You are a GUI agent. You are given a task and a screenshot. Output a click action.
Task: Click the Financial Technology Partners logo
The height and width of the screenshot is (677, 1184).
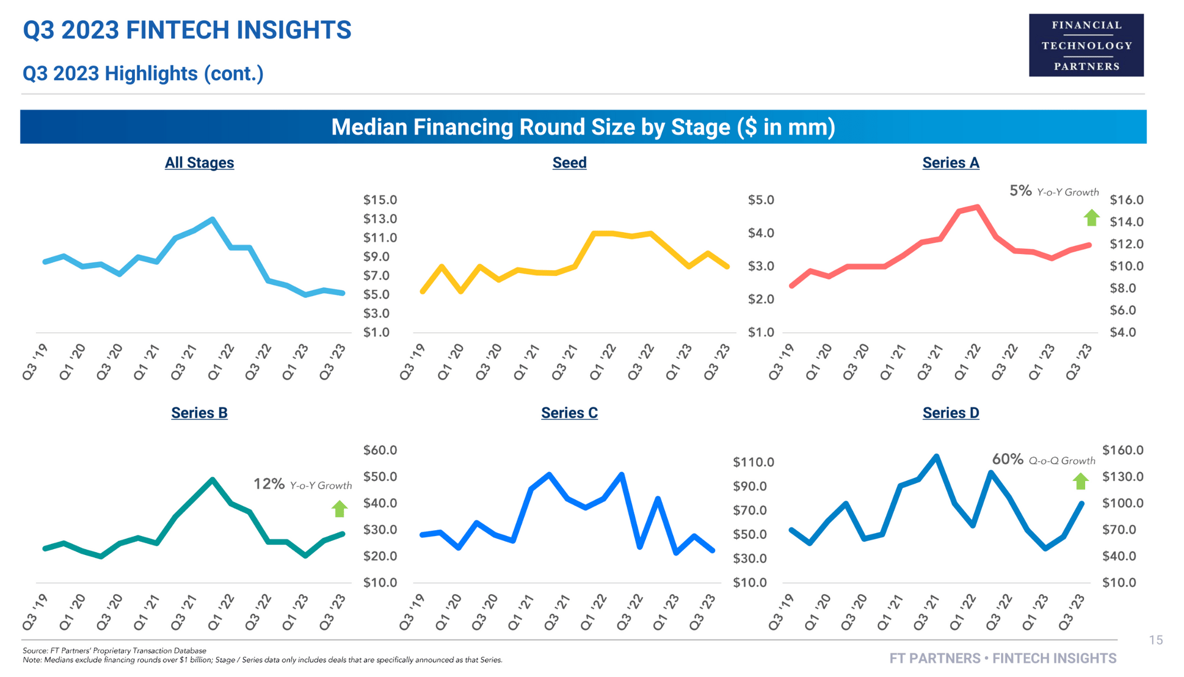[x=1086, y=46]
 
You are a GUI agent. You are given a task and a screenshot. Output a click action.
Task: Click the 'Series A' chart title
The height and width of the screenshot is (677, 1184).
[x=950, y=163]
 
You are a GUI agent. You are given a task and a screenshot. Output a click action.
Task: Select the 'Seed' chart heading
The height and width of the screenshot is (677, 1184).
[x=569, y=163]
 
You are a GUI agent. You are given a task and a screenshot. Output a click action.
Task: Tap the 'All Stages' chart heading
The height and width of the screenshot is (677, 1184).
[x=199, y=163]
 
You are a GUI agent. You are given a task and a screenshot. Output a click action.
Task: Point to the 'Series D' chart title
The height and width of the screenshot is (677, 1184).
[x=950, y=413]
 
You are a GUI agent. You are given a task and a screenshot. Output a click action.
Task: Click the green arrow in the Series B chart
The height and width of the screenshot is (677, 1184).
[x=339, y=508]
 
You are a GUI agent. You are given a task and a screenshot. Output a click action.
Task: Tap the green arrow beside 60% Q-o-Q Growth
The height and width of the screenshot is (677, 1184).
[x=1081, y=481]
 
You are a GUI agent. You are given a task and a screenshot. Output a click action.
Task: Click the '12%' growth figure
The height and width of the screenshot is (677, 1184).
[x=269, y=484]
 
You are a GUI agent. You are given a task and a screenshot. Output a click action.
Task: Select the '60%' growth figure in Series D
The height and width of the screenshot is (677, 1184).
[x=1007, y=459]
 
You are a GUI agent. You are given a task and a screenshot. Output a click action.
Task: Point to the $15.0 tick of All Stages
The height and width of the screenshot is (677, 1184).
[x=380, y=200]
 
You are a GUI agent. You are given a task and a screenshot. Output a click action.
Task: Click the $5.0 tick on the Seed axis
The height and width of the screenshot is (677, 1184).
[x=761, y=200]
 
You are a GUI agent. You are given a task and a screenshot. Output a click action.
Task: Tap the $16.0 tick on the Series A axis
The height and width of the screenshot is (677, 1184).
[x=1126, y=200]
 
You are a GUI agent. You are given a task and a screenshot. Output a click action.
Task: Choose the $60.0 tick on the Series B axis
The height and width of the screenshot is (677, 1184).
[x=380, y=450]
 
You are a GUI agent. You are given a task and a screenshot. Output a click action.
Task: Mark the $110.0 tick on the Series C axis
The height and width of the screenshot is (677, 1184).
[x=753, y=462]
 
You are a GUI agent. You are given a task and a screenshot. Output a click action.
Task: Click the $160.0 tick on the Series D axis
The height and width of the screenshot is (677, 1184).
[x=1122, y=450]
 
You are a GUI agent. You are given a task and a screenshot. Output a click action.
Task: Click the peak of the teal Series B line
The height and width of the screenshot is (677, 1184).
[x=212, y=479]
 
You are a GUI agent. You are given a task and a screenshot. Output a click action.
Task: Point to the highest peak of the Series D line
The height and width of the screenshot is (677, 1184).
[x=936, y=456]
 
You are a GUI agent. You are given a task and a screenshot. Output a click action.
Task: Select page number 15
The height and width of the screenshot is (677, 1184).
[x=1156, y=640]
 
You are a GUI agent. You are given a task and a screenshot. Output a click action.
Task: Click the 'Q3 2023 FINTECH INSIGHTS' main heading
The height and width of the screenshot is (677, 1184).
[x=187, y=30]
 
